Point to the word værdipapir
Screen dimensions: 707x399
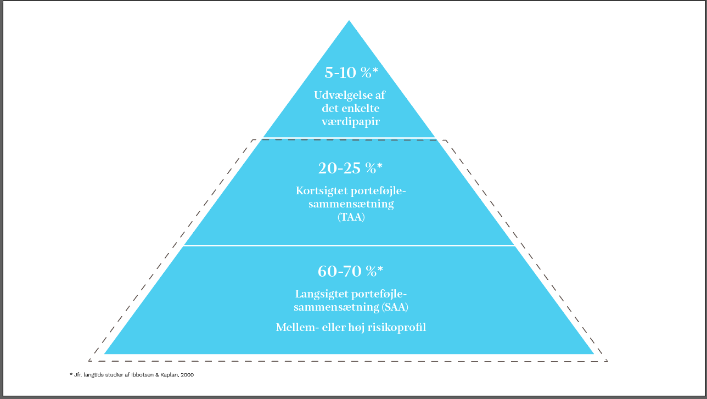(350, 121)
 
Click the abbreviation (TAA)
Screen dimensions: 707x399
(349, 218)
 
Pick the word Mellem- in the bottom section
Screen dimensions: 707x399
(297, 328)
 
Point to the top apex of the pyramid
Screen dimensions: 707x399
(349, 21)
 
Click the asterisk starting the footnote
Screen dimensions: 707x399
(71, 374)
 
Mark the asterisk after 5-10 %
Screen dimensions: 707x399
(375, 70)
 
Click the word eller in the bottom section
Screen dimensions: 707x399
(339, 328)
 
